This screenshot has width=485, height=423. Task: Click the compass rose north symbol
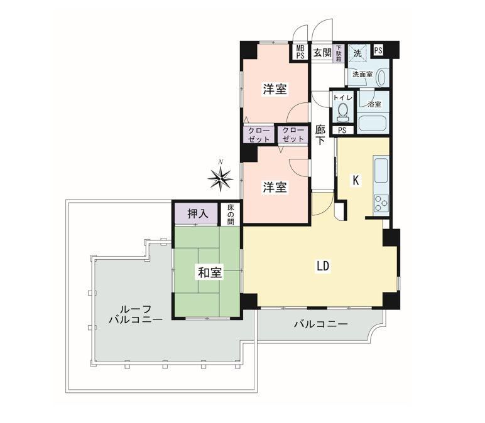[220, 178]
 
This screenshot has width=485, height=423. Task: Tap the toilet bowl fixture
[342, 112]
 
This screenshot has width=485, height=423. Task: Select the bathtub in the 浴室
[373, 124]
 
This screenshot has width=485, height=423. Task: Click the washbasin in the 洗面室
[383, 77]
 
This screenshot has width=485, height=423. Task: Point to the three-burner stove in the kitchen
[381, 203]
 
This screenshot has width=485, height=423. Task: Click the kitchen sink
[381, 170]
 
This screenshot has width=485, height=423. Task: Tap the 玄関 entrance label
[322, 53]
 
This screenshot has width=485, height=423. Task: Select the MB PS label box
[300, 52]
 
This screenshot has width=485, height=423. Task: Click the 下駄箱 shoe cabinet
[339, 53]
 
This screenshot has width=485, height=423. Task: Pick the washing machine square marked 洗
[357, 53]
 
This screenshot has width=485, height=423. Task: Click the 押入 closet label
[198, 214]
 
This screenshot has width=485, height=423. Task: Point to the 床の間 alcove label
[231, 214]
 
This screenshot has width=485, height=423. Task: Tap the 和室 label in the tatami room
[210, 273]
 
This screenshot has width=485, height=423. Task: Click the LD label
[323, 266]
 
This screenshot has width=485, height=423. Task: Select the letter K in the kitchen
[356, 180]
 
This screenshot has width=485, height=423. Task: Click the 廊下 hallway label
[320, 135]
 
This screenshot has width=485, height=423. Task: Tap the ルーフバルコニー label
[136, 314]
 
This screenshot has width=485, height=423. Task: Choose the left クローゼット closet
[259, 135]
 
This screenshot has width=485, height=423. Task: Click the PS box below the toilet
[342, 131]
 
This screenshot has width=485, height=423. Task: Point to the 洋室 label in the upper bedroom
[275, 89]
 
